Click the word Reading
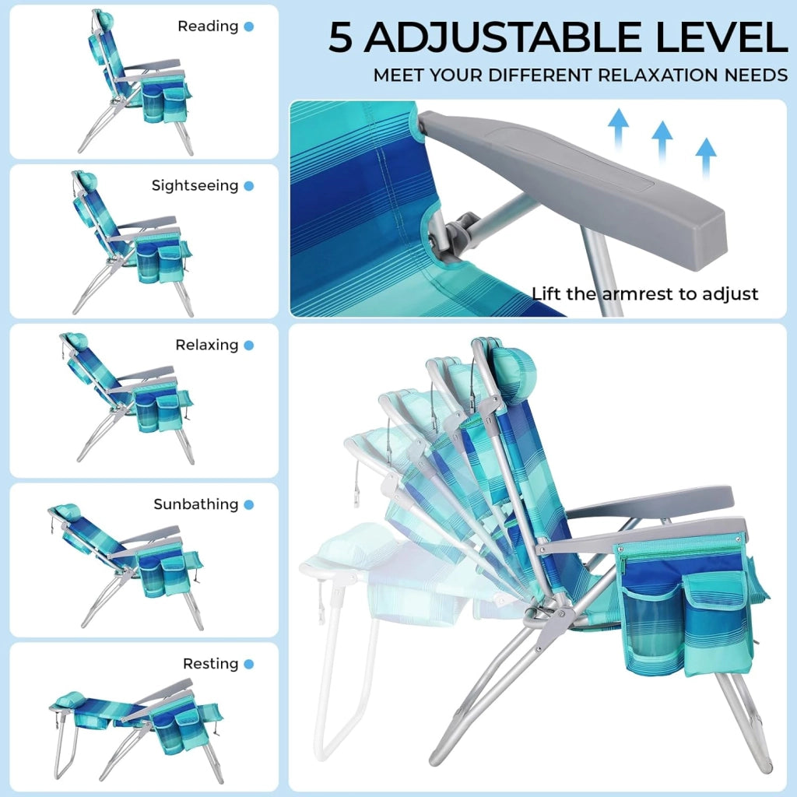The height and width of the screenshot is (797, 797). pyautogui.click(x=208, y=26)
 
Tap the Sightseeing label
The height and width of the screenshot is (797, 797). pyautogui.click(x=195, y=186)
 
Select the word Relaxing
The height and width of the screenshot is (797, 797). pyautogui.click(x=207, y=345)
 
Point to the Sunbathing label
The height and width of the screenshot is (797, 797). pyautogui.click(x=196, y=504)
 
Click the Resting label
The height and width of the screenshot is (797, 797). pyautogui.click(x=210, y=664)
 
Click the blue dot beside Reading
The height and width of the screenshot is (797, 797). pyautogui.click(x=249, y=26)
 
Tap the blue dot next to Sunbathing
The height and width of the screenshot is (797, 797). pyautogui.click(x=249, y=504)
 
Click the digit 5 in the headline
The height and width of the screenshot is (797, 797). pyautogui.click(x=341, y=37)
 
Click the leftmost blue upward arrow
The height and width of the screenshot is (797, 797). pyautogui.click(x=618, y=129)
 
